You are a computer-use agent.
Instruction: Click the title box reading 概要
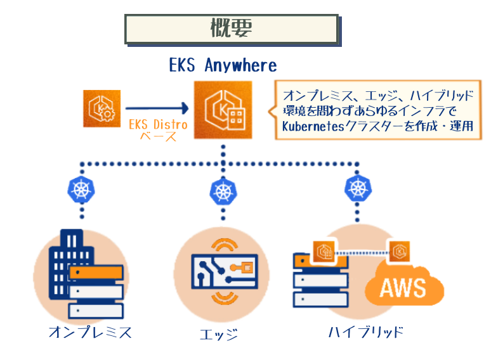click(232, 29)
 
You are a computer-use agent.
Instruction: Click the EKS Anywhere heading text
click(223, 65)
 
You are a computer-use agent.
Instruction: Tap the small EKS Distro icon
click(101, 108)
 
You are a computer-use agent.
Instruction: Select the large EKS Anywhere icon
click(223, 110)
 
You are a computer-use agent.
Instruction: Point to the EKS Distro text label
click(158, 124)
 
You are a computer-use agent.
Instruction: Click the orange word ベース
click(158, 136)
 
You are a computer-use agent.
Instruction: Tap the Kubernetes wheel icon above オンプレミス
click(81, 188)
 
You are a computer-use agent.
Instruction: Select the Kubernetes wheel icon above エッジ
click(223, 190)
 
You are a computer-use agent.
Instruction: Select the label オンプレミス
click(90, 332)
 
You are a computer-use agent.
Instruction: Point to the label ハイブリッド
click(366, 332)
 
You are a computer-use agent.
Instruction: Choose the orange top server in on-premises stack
click(95, 273)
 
